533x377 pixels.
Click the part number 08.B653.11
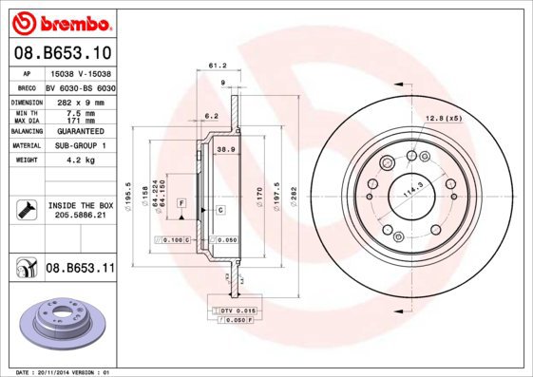pos(80,269)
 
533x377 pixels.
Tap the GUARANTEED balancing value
pos(80,131)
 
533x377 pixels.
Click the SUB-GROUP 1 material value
pos(80,145)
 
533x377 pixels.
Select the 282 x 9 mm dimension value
pos(80,101)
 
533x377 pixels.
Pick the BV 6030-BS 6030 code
pos(81,86)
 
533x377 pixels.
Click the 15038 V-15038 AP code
pos(81,72)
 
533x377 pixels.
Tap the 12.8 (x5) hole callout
pos(443,117)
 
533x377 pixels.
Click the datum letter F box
pos(180,204)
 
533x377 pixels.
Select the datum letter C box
pos(219,209)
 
